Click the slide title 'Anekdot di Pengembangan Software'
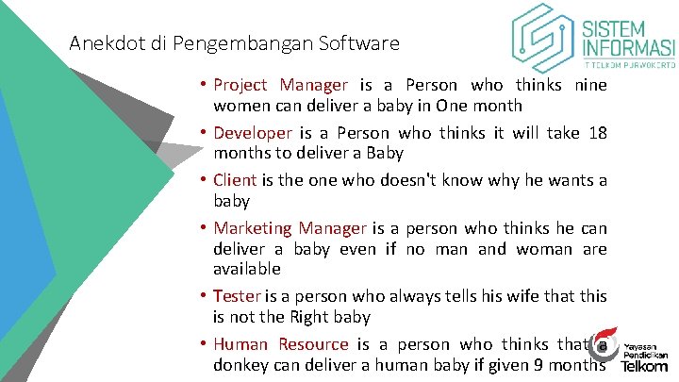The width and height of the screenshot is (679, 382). pyautogui.click(x=235, y=43)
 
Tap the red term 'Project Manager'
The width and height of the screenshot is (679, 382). pyautogui.click(x=280, y=86)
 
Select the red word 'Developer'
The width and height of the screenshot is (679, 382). pyautogui.click(x=252, y=133)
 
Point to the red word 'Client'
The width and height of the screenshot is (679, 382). pyautogui.click(x=234, y=180)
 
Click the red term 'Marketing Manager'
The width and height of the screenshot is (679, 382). pyautogui.click(x=290, y=228)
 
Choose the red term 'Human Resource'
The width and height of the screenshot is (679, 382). pyautogui.click(x=280, y=344)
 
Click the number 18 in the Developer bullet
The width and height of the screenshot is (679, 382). pyautogui.click(x=596, y=133)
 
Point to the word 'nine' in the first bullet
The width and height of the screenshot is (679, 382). pyautogui.click(x=589, y=86)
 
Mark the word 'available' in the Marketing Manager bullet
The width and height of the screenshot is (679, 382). pyautogui.click(x=247, y=270)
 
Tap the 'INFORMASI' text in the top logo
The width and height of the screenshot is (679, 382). pyautogui.click(x=629, y=48)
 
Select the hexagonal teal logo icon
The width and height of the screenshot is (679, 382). pyautogui.click(x=544, y=39)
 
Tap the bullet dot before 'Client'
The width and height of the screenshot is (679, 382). pyautogui.click(x=204, y=180)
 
